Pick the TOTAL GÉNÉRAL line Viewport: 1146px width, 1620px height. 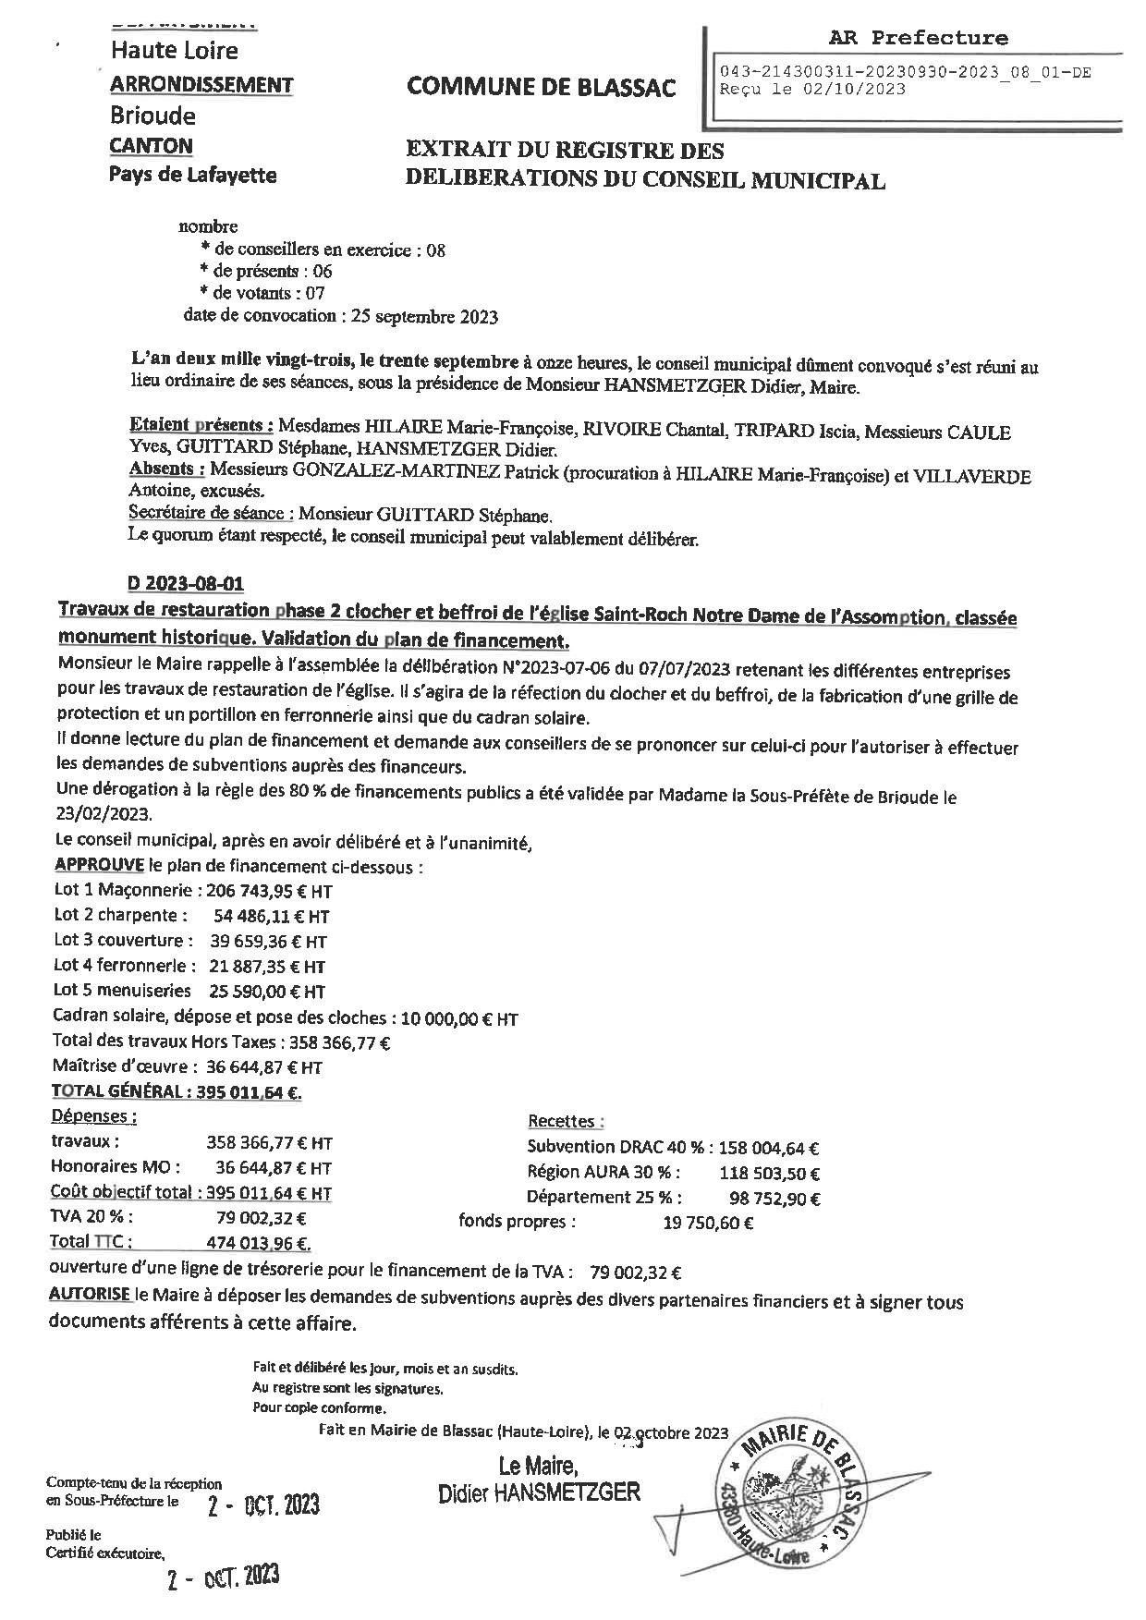(x=177, y=1091)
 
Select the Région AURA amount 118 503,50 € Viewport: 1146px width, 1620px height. (x=769, y=1174)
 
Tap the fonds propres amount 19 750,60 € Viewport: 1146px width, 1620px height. (x=708, y=1223)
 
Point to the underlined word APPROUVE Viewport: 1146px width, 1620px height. (x=99, y=865)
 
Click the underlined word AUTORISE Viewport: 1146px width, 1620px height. (x=90, y=1295)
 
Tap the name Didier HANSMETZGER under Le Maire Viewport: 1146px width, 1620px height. (x=539, y=1492)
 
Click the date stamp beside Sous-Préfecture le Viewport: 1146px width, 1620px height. (x=263, y=1505)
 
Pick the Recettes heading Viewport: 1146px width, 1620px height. (x=565, y=1121)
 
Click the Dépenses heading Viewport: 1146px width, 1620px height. (x=94, y=1116)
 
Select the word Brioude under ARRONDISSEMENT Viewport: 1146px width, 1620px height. (x=153, y=116)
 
